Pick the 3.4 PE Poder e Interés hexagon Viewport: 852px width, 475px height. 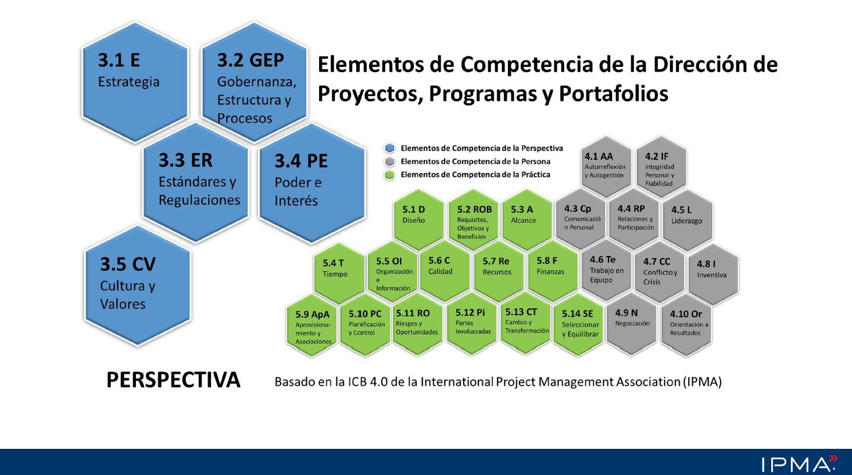(312, 183)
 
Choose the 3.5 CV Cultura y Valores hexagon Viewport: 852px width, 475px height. (138, 285)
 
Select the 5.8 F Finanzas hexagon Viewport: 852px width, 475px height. (553, 271)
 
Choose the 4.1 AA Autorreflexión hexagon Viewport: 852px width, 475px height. (606, 165)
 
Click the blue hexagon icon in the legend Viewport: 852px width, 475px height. (390, 148)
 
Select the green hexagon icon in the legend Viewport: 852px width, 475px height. (390, 174)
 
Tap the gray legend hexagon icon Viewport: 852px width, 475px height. (390, 162)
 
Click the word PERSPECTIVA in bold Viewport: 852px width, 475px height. (173, 380)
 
